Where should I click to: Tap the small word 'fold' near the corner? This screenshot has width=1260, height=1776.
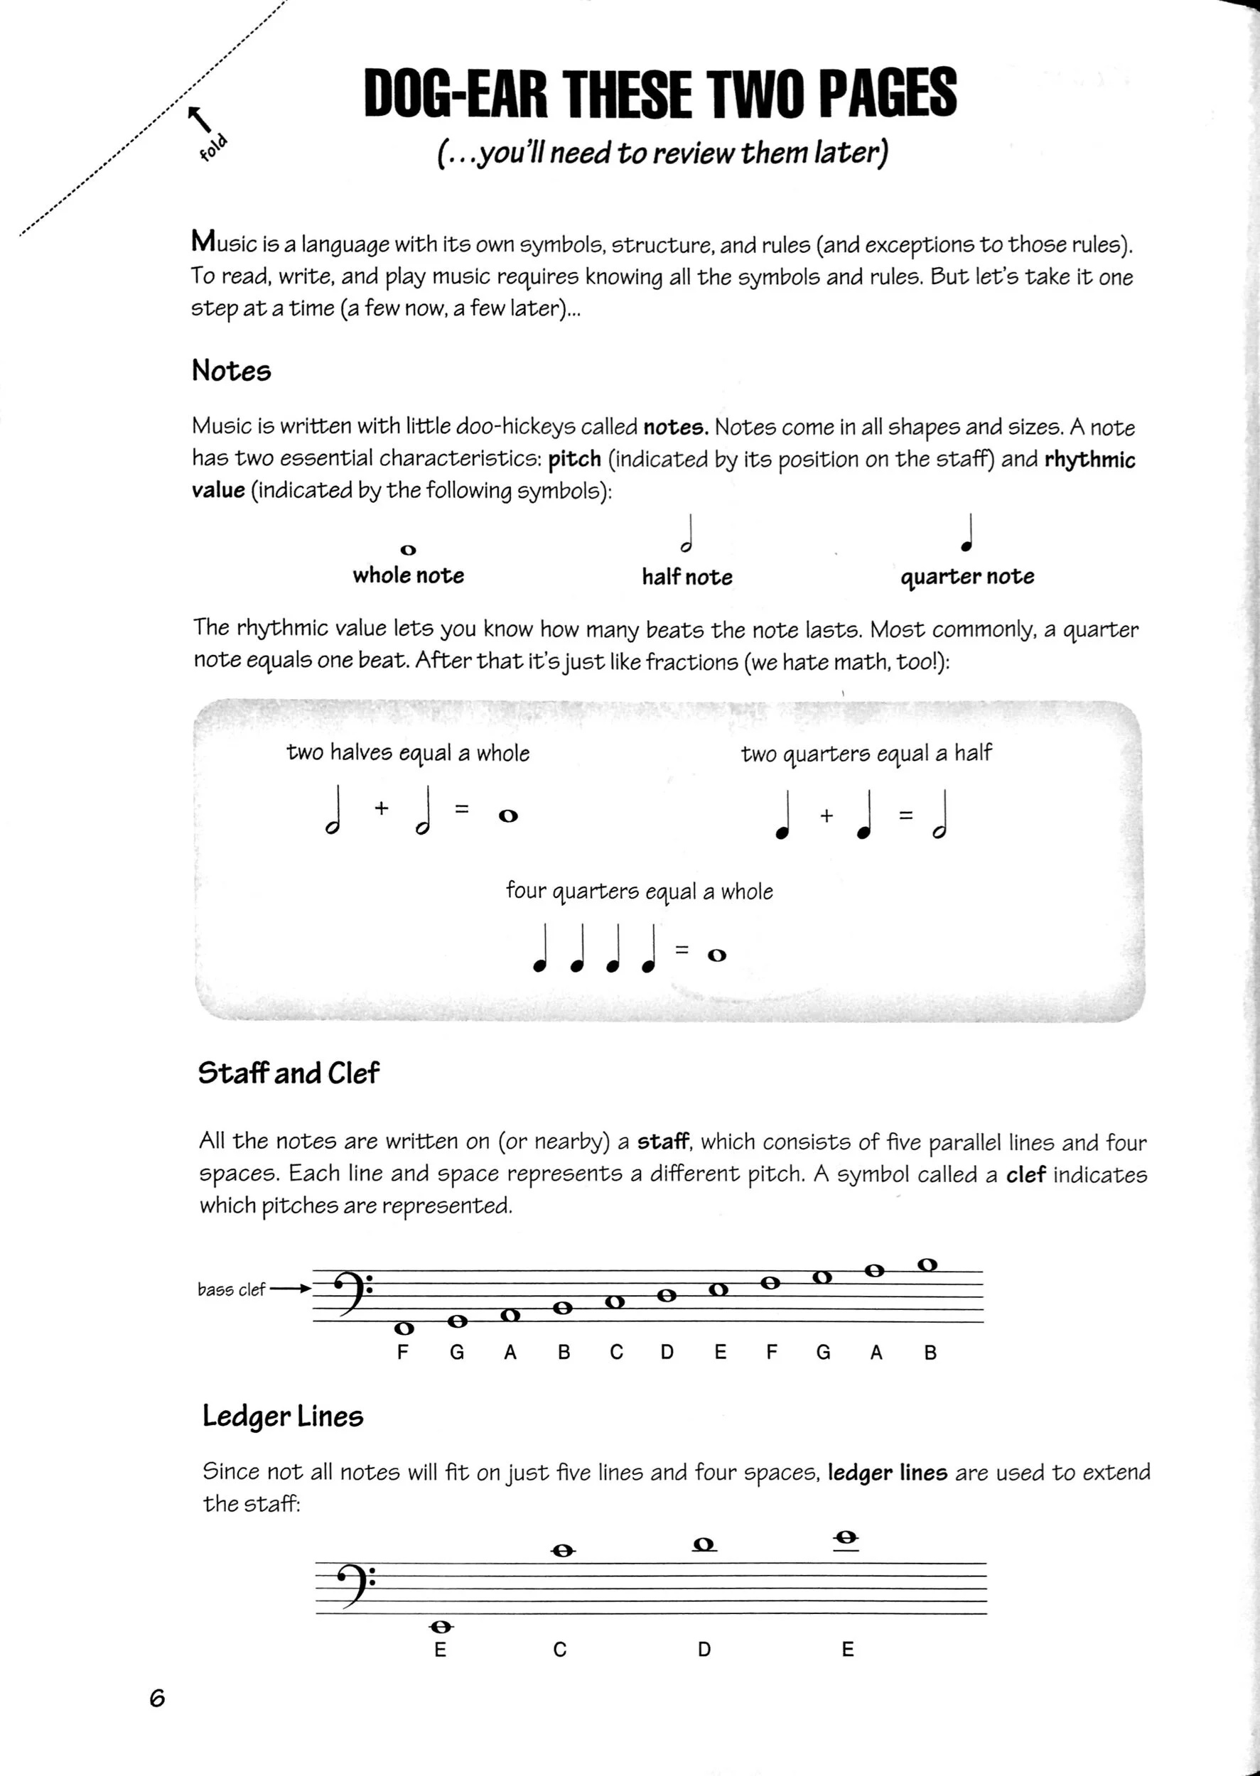[x=212, y=147]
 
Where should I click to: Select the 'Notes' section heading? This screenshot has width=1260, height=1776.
[x=231, y=371]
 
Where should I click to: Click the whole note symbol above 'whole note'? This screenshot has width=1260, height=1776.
[x=408, y=550]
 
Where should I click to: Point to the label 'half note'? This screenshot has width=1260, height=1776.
[x=686, y=577]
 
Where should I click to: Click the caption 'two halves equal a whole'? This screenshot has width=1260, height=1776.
[x=407, y=753]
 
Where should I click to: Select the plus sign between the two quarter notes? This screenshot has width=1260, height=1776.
[x=826, y=815]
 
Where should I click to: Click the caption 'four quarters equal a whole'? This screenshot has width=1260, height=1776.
[x=639, y=891]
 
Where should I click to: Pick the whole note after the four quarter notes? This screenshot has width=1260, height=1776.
[x=717, y=955]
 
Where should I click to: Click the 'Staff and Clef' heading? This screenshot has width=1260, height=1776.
[x=288, y=1073]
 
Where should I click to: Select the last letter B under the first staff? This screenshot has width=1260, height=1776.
[x=930, y=1353]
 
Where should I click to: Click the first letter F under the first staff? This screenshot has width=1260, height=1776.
[x=402, y=1353]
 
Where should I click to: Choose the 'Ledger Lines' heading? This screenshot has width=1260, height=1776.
[x=282, y=1416]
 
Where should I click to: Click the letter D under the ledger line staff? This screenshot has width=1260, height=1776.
[x=704, y=1650]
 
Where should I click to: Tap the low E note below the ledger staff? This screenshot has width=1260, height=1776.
[x=441, y=1626]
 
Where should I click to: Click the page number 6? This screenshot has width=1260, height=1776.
[x=157, y=1699]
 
